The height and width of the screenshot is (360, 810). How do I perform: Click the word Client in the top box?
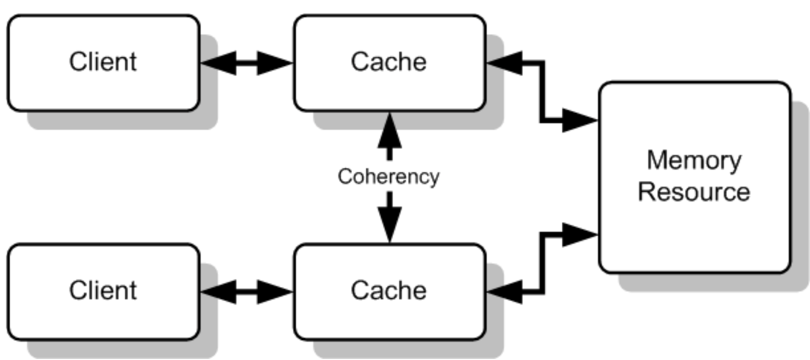[x=103, y=62]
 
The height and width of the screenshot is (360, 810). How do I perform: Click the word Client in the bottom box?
[x=103, y=291]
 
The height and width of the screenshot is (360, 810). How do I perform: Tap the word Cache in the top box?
[x=388, y=62]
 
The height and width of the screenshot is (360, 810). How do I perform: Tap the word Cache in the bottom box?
[x=388, y=291]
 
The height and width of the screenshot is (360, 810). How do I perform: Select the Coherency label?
[x=388, y=177]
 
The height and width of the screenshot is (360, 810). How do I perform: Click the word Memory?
[x=694, y=161]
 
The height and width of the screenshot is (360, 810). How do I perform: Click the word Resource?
[x=694, y=192]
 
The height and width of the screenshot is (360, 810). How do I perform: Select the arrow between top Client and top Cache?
[x=246, y=63]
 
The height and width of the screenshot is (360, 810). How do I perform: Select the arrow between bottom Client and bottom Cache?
[x=246, y=292]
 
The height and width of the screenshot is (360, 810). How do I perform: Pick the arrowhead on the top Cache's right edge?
[x=502, y=63]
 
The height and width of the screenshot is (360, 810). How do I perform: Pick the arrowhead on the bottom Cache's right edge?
[x=502, y=292]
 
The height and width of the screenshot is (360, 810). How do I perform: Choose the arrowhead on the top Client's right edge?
[x=216, y=63]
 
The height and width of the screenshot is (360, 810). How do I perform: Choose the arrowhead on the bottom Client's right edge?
[x=216, y=292]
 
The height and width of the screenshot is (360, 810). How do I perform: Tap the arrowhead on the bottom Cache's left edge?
[x=276, y=292]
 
